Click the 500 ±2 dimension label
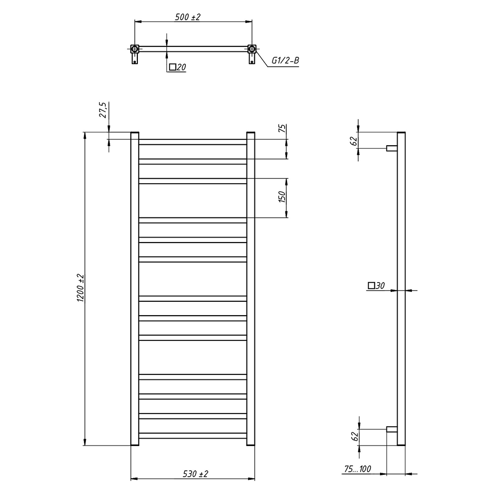pyautogui.click(x=188, y=17)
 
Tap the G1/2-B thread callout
pyautogui.click(x=285, y=60)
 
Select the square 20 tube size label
pyautogui.click(x=178, y=67)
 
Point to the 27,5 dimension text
pyautogui.click(x=103, y=110)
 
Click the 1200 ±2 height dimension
pyautogui.click(x=81, y=288)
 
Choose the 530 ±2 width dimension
pyautogui.click(x=196, y=474)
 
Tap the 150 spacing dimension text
pyautogui.click(x=282, y=197)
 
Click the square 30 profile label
pyautogui.click(x=376, y=286)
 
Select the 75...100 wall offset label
pyautogui.click(x=358, y=469)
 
